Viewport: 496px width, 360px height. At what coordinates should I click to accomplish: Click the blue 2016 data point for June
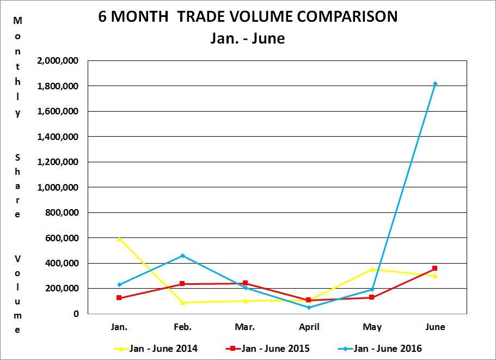click(435, 83)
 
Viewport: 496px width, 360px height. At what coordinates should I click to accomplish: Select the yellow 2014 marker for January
click(119, 239)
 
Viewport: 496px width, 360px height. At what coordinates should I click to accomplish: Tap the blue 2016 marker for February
click(182, 255)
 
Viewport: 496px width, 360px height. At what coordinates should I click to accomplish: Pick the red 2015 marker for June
click(435, 268)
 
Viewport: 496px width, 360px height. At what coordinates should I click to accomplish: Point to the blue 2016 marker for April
click(309, 307)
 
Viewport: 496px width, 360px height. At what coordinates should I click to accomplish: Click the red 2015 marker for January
click(119, 298)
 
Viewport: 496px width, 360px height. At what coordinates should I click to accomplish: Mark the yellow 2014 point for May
click(372, 269)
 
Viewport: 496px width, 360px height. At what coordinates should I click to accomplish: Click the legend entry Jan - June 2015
click(272, 348)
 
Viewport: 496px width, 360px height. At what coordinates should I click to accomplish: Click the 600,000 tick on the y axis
click(63, 237)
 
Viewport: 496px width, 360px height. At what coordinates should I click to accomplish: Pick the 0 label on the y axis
click(77, 314)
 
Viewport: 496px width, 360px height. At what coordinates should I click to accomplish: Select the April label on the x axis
click(309, 327)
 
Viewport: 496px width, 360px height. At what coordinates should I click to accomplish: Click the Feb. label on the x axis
click(182, 327)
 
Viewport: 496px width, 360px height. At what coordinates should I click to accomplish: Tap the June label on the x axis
click(435, 327)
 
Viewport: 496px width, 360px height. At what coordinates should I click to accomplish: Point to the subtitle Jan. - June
click(248, 39)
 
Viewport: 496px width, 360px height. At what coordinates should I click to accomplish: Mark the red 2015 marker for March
click(246, 283)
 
